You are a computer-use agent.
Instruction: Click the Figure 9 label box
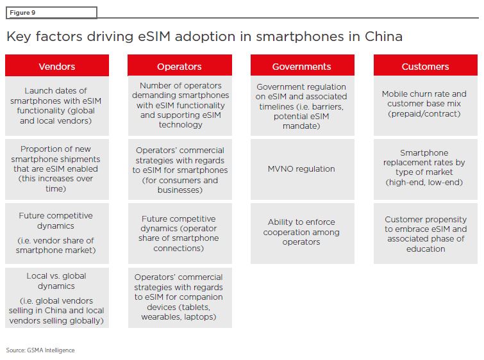51,13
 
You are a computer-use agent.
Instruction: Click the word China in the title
384,37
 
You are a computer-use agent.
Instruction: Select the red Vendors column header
57,65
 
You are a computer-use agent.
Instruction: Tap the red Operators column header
179,65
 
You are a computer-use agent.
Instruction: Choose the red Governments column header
303,65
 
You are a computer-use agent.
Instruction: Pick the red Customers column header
426,65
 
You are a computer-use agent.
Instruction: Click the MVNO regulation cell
303,169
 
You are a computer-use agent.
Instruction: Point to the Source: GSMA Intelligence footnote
40,350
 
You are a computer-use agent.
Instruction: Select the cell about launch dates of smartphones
57,106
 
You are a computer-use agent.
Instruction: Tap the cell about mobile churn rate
426,106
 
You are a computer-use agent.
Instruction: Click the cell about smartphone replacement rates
426,169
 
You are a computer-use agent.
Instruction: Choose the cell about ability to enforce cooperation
303,233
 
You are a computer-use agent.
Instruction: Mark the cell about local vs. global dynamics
57,298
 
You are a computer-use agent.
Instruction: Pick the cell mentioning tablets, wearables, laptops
179,298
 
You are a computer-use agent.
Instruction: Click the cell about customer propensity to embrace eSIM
426,233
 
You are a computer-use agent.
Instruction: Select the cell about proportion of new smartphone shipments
57,169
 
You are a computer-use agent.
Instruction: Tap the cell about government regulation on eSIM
303,106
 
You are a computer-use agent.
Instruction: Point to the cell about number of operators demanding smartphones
179,106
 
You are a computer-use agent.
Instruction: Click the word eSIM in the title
154,37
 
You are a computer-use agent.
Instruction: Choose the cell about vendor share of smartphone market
57,233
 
